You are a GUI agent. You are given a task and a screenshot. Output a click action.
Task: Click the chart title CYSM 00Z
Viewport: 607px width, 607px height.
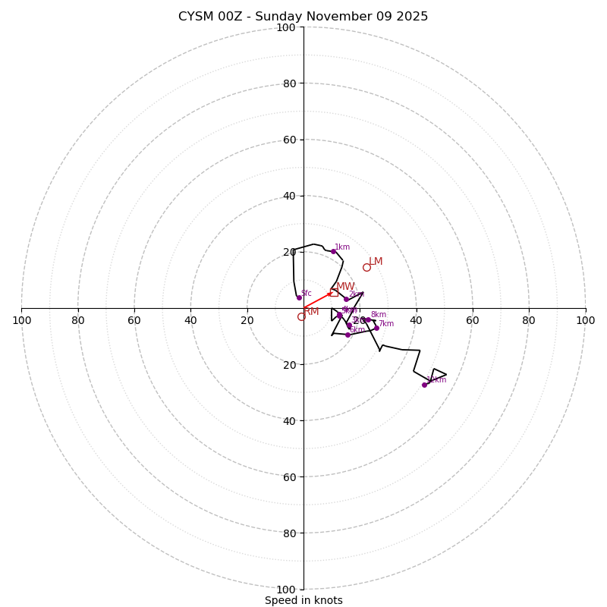[x=303, y=17]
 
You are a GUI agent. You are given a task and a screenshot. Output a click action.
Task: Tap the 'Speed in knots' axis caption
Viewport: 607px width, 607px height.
[x=303, y=600]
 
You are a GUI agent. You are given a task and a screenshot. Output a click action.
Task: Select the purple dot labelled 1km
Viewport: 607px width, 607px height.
[x=333, y=251]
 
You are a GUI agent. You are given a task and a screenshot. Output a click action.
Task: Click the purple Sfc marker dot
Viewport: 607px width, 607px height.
[x=299, y=297]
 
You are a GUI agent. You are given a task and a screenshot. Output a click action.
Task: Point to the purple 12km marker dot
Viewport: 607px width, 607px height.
[x=424, y=385]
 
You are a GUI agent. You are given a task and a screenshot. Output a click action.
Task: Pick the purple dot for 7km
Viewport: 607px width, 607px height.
[x=376, y=328]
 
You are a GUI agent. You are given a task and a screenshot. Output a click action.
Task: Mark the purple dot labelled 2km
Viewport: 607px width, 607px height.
[x=346, y=299]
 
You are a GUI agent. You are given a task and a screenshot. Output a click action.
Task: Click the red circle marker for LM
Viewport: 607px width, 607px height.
[x=366, y=267]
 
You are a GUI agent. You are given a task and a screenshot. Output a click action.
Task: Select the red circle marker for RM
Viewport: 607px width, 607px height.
[x=301, y=316]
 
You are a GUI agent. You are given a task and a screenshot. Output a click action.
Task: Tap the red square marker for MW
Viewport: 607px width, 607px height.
[x=334, y=292]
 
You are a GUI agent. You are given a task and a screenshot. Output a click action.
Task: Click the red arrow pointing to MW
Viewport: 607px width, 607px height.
[x=318, y=300]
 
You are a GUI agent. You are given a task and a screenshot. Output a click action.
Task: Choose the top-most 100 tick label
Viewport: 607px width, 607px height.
[x=286, y=28]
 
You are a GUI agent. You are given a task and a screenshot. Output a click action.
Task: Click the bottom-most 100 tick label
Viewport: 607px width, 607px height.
[x=286, y=589]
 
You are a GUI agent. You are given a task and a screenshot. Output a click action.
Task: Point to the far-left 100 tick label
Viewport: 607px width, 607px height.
[x=22, y=320]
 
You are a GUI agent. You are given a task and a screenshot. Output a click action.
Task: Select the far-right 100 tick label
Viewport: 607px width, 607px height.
[x=585, y=320]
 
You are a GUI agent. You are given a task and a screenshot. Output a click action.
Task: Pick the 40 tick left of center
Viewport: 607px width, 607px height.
[x=191, y=320]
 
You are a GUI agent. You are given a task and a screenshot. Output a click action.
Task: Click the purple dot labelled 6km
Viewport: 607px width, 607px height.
[x=348, y=335]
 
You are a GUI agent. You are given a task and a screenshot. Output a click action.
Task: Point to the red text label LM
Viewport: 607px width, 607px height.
[x=376, y=262]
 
